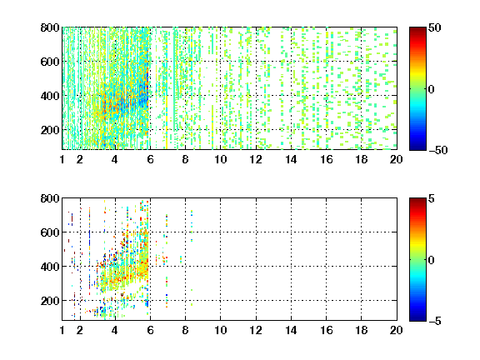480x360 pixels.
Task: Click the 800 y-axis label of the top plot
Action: pos(50,27)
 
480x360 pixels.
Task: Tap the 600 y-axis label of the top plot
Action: pos(50,62)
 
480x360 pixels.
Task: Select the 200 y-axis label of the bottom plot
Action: pos(50,301)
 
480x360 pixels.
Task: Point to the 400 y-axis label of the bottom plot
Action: pos(50,267)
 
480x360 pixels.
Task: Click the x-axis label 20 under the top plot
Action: pos(396,159)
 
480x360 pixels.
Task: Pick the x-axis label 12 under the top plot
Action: pos(256,159)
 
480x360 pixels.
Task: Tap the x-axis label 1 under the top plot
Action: pos(62,159)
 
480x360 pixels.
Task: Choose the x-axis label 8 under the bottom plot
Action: pos(185,330)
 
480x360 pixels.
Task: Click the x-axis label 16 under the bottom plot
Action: pos(327,330)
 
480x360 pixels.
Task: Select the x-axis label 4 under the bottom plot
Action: pos(115,330)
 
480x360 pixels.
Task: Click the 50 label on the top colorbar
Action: pos(435,27)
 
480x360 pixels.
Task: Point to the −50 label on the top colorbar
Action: pos(438,150)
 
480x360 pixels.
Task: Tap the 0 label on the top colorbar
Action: pos(432,89)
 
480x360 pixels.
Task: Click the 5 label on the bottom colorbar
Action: pos(432,198)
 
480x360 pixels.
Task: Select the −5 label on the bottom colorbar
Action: pos(435,321)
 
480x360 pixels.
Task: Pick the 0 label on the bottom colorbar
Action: pos(432,260)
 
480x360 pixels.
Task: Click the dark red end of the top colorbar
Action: pos(417,29)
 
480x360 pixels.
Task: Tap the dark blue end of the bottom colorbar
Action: pos(417,318)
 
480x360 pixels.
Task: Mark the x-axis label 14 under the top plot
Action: pos(291,159)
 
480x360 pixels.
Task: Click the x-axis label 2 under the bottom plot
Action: pos(80,330)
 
